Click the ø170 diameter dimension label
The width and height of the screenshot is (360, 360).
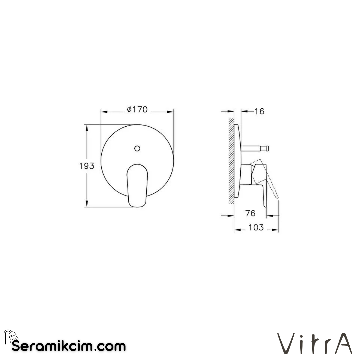pos(137,110)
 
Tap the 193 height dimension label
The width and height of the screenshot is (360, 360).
pos(87,166)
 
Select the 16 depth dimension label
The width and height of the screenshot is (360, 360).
pos(259,112)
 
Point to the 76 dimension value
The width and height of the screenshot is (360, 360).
pos(250,213)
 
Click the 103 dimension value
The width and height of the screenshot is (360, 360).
pos(256,228)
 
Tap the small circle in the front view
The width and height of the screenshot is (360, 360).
pos(137,148)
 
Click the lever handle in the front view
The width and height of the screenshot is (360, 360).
pos(137,185)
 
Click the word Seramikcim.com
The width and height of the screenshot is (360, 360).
pos(69,346)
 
